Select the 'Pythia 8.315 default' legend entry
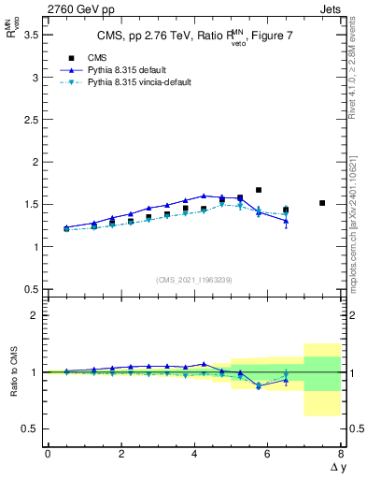131,70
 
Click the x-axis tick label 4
194,454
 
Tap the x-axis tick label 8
341,454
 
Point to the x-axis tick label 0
48,454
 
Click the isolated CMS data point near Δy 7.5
322,203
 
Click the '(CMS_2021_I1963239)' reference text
193,279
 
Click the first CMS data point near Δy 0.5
66,228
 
